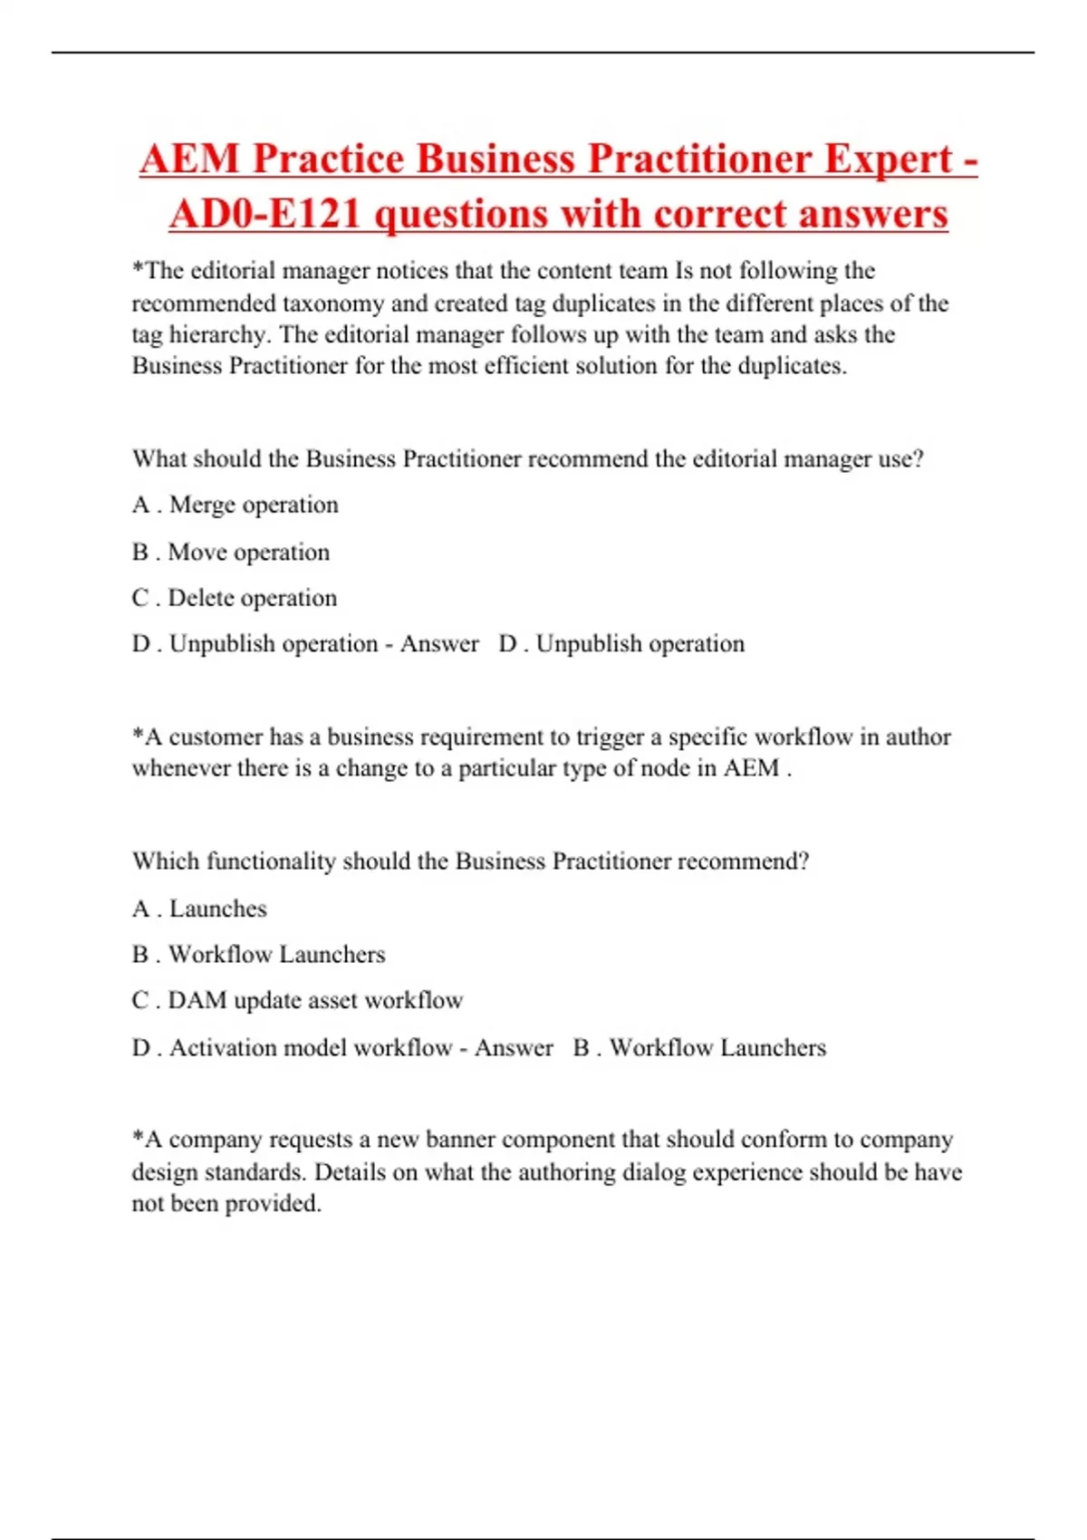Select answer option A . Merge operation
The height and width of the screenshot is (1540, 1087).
pos(236,505)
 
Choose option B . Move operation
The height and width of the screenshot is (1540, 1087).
pos(231,552)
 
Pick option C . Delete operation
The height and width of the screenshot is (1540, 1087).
pos(235,598)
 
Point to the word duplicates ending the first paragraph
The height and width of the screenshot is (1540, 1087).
pos(791,366)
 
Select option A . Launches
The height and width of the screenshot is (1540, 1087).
pos(200,909)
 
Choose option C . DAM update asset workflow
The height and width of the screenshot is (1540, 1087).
pos(297,1000)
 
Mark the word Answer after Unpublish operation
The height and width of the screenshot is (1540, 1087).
pos(439,644)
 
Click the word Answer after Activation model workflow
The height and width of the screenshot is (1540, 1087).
pos(514,1047)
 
